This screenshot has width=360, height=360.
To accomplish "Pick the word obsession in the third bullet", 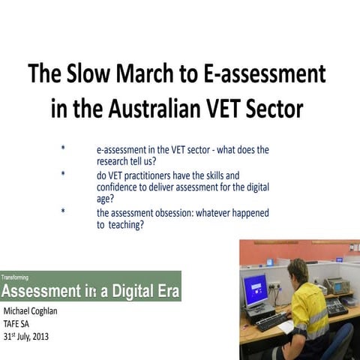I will coord(180,213).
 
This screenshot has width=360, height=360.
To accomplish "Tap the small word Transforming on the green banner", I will coord(15,277).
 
